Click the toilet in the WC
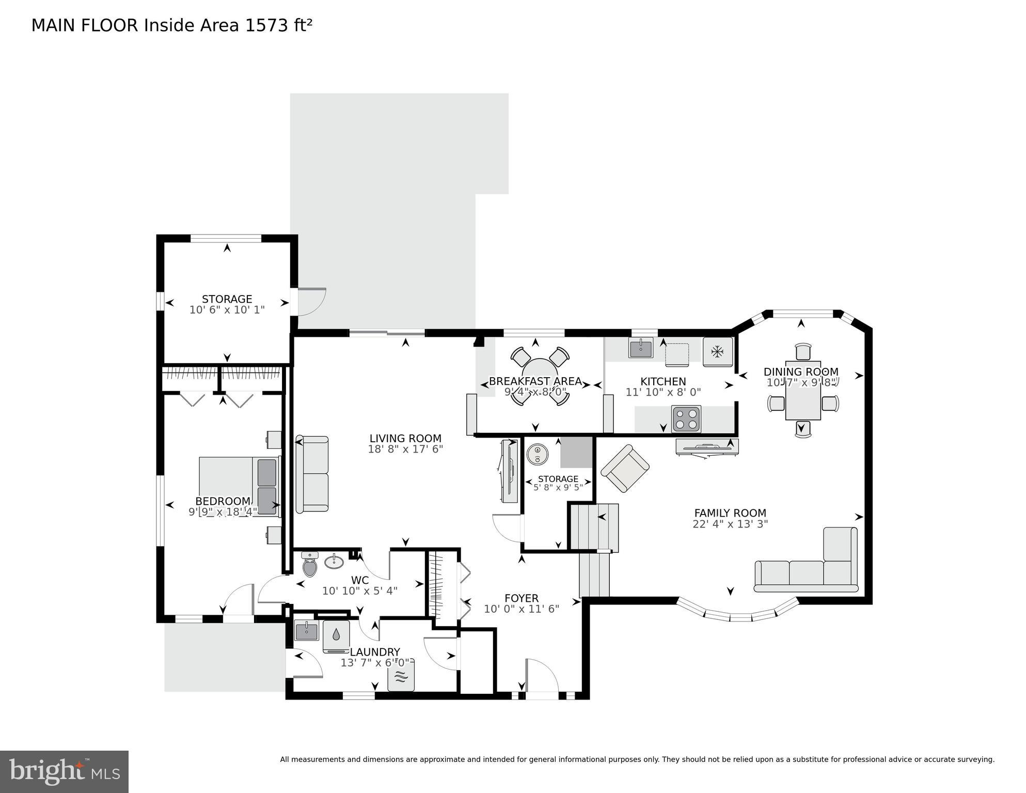point(310,565)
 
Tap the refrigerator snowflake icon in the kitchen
point(717,352)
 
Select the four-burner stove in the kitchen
point(686,418)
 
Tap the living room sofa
point(312,474)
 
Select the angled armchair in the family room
point(625,468)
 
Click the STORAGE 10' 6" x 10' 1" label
point(227,304)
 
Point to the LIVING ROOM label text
point(405,439)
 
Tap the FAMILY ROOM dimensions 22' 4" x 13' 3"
point(730,524)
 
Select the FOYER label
point(522,598)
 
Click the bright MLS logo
point(64,772)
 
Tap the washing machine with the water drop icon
point(336,636)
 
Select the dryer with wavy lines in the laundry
point(401,677)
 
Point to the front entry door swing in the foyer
point(542,676)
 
